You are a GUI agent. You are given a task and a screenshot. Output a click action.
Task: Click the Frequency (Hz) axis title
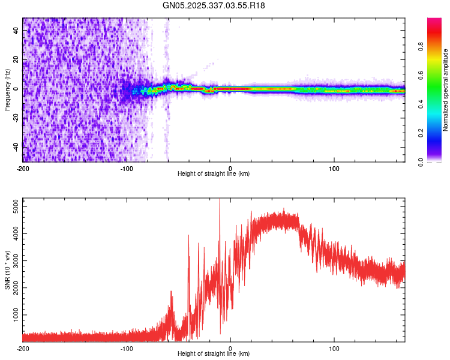pos(7,89)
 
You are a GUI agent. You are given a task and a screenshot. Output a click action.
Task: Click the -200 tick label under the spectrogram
pos(22,169)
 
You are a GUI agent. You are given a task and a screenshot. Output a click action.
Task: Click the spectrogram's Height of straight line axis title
pos(214,174)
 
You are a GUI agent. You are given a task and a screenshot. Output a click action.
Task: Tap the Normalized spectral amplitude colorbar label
pos(446,90)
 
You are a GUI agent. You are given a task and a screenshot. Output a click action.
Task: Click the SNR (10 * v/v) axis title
pos(8,269)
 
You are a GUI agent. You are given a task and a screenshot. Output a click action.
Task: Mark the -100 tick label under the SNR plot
pos(126,349)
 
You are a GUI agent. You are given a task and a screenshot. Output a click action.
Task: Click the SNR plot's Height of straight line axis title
pos(214,354)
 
